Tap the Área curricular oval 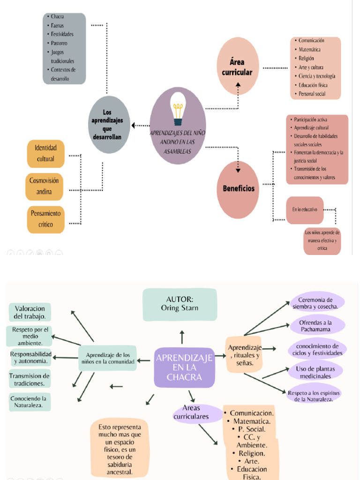(238, 67)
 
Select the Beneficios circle (238, 188)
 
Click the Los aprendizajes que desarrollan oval (109, 125)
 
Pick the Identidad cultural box (45, 153)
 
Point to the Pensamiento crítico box (45, 219)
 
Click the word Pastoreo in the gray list (59, 43)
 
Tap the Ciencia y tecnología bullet (316, 76)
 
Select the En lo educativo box (305, 210)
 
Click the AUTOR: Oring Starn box (180, 304)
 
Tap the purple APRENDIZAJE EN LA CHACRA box (184, 367)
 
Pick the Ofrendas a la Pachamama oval (315, 325)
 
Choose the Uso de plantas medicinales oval (315, 372)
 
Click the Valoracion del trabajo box (30, 312)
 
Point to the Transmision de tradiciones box (30, 379)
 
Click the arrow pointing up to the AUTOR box (182, 337)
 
